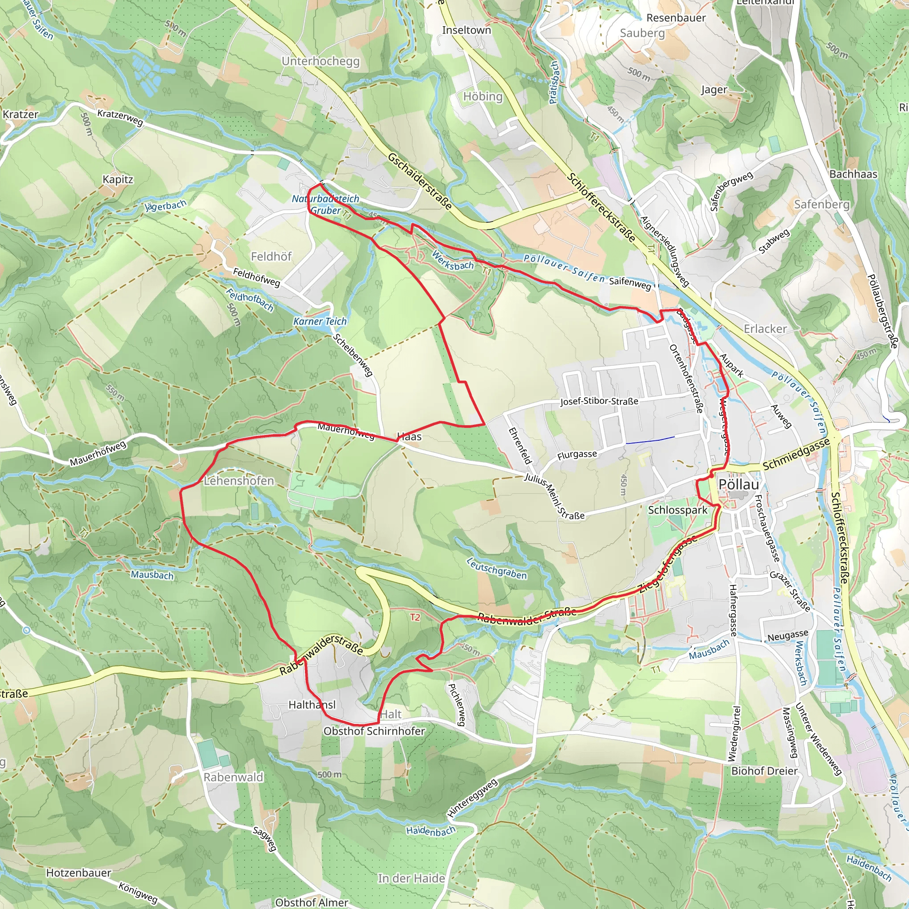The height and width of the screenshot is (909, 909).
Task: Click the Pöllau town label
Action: (739, 485)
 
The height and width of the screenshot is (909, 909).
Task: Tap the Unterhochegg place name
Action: (320, 61)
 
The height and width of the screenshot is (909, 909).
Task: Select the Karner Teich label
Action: (320, 321)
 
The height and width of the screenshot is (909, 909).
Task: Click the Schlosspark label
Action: (677, 510)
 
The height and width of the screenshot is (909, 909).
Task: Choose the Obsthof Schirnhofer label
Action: (374, 731)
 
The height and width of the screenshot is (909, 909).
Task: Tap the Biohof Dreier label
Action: (764, 771)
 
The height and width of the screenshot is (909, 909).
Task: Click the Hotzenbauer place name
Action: (79, 873)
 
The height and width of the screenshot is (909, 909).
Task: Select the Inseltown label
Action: (466, 30)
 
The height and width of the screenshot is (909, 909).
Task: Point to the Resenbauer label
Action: (676, 18)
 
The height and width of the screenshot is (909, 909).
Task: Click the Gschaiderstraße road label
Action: (420, 181)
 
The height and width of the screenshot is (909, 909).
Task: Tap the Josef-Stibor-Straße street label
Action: (599, 401)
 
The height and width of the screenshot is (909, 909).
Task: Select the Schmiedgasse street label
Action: (796, 454)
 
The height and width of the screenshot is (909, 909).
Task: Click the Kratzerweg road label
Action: (120, 118)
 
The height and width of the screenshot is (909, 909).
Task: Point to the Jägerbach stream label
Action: (165, 206)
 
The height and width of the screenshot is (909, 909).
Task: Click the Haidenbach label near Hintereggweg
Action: (431, 831)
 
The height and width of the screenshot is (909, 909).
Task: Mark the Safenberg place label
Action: (822, 204)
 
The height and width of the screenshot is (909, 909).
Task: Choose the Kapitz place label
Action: (118, 179)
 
